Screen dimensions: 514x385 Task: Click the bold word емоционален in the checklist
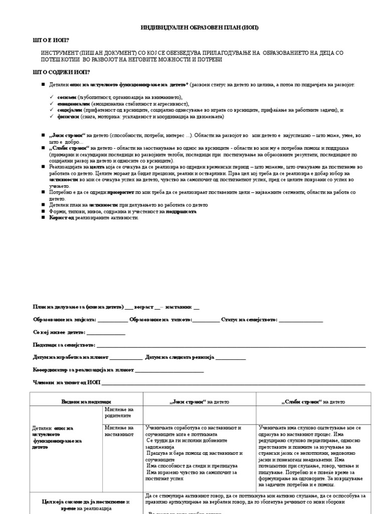73,103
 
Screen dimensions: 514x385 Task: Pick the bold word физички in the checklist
68,116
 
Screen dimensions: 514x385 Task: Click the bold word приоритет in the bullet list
122,192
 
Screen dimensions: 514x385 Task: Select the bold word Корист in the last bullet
59,218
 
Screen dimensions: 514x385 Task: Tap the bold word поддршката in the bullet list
181,212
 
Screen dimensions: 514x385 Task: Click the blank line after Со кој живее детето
106,333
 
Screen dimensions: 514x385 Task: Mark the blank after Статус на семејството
300,320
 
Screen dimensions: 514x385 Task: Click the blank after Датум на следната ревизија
230,358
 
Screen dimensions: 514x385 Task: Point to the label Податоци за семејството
64,345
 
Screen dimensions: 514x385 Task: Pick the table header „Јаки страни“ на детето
200,402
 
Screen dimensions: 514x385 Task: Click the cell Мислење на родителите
119,413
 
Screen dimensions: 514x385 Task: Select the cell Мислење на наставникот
119,431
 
